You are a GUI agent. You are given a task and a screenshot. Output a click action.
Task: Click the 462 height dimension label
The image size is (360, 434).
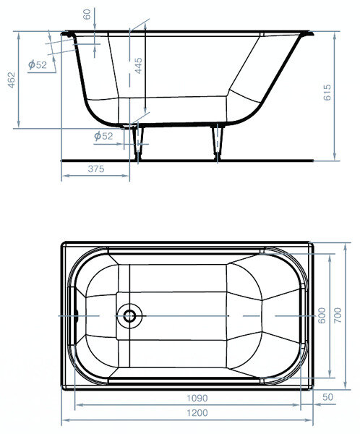coord(12,80)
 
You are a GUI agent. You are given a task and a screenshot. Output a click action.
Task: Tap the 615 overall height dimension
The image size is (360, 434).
coord(327,93)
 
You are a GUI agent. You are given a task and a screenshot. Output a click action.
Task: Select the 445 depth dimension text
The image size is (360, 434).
coord(138,66)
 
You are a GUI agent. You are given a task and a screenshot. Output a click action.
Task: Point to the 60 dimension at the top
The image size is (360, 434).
coord(87,14)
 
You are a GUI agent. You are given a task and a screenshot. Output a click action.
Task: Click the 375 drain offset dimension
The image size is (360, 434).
coord(96,169)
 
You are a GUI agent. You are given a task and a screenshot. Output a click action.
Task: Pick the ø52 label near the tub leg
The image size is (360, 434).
coord(103,136)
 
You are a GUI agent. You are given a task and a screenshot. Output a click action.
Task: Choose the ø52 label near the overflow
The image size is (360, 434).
coord(38,64)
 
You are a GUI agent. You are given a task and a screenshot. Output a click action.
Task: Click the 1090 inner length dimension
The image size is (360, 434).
coord(197,398)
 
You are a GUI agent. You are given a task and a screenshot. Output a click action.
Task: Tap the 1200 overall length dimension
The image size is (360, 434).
coord(197,413)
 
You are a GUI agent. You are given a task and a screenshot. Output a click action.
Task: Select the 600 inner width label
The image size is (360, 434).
coord(322,315)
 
